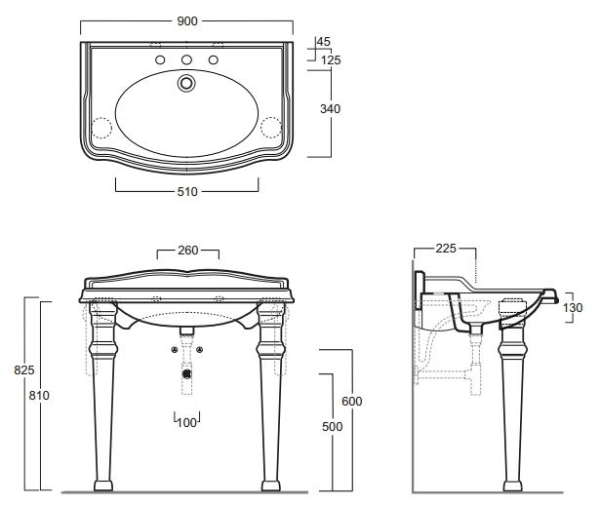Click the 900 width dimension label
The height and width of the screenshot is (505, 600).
187,21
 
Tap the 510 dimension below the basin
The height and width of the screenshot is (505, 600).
187,191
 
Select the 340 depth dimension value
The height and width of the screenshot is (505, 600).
330,109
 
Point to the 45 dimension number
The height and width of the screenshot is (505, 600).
323,42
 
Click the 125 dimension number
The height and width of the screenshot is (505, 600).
331,60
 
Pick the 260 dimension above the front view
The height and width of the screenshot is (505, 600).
188,251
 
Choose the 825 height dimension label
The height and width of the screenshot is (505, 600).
24,370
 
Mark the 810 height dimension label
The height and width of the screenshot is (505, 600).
39,395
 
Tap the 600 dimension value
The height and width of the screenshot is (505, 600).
351,401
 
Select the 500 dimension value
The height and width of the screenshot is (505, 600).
332,427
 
